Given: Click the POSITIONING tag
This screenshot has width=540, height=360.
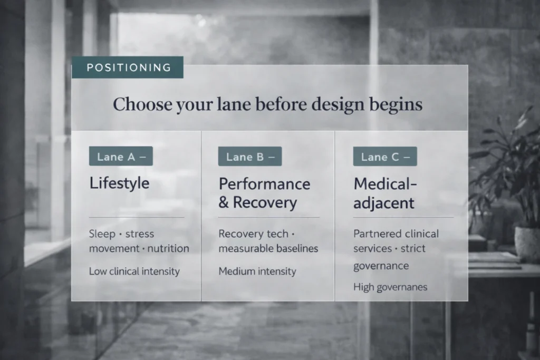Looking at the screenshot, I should point(128,67).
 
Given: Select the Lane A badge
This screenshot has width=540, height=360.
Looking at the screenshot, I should point(121,157).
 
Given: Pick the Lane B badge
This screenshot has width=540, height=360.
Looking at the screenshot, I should point(250,157).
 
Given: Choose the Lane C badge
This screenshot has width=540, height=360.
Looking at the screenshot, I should point(385,157).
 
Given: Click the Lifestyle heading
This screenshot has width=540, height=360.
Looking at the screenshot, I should point(119,183).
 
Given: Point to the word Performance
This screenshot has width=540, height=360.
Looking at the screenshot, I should point(265,184).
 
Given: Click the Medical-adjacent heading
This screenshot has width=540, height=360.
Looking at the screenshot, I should point(385,193).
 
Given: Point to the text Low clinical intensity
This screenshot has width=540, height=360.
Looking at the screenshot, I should point(134,271).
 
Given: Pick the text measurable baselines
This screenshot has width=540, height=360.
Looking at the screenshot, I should point(268,248).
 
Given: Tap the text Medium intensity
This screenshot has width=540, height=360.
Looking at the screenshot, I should point(257,271).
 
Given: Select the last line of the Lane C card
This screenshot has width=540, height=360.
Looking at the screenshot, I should point(390,287).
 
